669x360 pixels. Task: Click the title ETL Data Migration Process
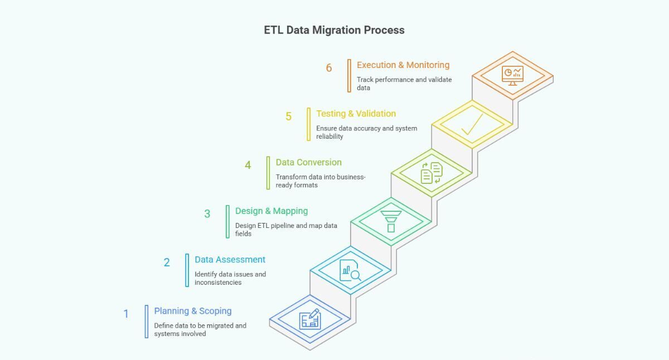[334, 30]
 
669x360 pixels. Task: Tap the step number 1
[126, 314]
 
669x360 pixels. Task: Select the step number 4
[248, 165]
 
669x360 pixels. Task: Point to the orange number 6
[329, 68]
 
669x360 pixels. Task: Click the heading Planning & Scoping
[193, 311]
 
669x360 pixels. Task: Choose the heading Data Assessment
[230, 259]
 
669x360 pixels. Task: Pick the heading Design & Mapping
[271, 211]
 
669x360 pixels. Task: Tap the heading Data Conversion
[308, 162]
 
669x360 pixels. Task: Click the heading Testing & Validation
[356, 114]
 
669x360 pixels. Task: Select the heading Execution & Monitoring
[403, 65]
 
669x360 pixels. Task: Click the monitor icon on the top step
[512, 75]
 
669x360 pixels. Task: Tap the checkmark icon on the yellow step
[472, 124]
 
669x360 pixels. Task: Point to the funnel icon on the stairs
[391, 221]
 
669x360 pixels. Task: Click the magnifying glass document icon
[350, 270]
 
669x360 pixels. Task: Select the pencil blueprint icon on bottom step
[310, 319]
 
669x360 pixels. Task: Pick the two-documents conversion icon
[432, 173]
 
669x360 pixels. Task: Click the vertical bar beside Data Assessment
[187, 270]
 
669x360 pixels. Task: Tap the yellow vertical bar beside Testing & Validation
[309, 124]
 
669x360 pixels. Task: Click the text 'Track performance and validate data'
[404, 84]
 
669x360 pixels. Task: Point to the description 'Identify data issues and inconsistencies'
[230, 278]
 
